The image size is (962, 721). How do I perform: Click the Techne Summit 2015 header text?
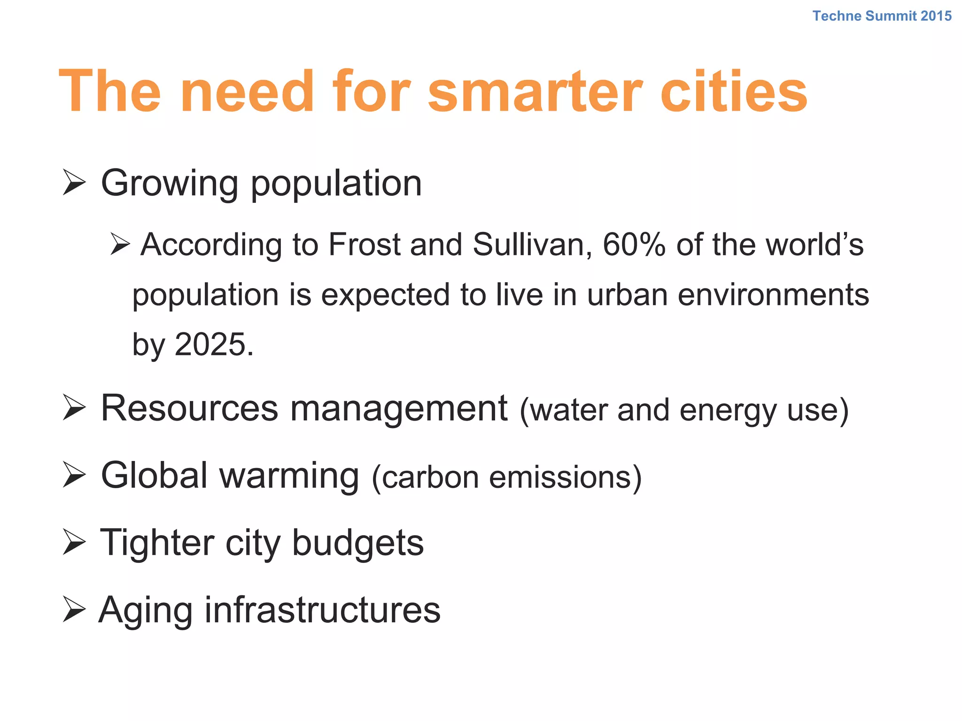pos(882,16)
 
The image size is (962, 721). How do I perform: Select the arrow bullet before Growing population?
pos(74,183)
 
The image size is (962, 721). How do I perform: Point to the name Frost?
pos(364,245)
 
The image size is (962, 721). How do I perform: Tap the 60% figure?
pos(634,245)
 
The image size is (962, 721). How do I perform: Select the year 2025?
pos(210,345)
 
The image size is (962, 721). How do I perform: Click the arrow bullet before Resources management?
pos(74,408)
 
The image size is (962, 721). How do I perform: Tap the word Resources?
pos(189,408)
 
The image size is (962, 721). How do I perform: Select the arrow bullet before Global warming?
pos(74,475)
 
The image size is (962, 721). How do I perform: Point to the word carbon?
pos(430,477)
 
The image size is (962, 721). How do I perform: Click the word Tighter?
pos(157,543)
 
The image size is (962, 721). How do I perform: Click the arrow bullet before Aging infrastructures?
pos(74,610)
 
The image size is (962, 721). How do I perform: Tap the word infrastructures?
pos(322,610)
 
